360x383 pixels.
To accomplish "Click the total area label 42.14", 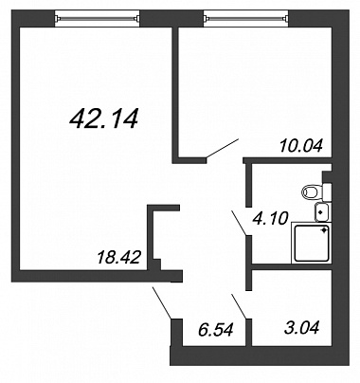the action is (104, 119).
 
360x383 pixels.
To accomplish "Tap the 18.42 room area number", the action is (118, 257).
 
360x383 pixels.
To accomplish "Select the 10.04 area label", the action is (301, 146).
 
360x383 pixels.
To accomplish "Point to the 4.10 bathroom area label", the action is (271, 218).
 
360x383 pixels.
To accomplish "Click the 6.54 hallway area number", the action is (216, 330).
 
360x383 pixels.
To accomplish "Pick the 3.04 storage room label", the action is (302, 327).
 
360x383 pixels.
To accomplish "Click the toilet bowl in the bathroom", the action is (313, 191).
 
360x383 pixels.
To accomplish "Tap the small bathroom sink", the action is (322, 211).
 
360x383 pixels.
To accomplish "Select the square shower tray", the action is (312, 243).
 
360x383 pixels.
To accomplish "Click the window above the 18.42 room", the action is (98, 19).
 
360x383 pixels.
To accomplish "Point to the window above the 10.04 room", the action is (246, 19).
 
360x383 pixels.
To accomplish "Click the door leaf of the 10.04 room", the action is (223, 148).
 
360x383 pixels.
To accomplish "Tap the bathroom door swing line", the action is (240, 223).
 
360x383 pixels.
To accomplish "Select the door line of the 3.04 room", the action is (240, 306).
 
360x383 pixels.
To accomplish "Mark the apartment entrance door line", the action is (162, 302).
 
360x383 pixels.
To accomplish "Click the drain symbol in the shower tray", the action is (324, 230).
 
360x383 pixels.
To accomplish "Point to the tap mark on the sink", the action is (320, 212).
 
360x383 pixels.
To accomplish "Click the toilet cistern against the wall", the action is (327, 191).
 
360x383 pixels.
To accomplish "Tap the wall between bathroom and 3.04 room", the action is (291, 267).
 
